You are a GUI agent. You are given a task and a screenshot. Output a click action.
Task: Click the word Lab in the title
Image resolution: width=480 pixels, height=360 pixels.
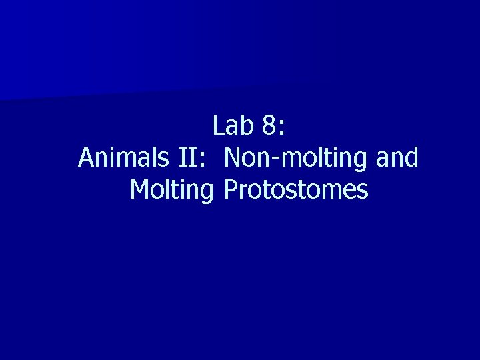tap(230, 125)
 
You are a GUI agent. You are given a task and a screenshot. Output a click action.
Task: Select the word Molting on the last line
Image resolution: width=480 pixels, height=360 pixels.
tap(171, 191)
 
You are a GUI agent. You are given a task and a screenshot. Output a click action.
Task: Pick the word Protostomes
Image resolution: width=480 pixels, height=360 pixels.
tap(296, 190)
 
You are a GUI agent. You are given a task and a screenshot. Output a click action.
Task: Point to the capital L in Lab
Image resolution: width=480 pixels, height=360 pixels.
tap(219, 125)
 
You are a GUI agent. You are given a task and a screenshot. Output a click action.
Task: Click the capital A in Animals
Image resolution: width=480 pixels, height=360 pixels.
tap(86, 158)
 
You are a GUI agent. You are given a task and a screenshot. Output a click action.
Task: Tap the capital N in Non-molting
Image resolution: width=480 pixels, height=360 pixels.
tap(233, 158)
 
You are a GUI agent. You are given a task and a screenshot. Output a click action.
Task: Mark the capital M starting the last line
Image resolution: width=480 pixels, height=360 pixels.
tap(141, 190)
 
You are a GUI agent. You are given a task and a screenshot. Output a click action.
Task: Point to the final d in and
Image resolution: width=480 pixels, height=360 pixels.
tap(411, 158)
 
